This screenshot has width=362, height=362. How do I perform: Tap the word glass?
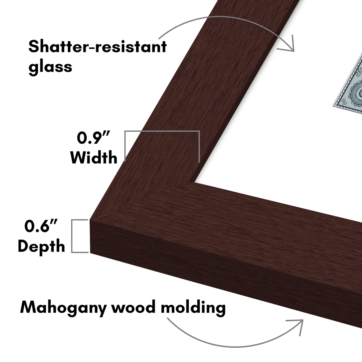[50, 67]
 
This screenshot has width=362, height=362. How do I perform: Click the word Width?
[94, 158]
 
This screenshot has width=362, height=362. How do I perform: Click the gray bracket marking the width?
[162, 131]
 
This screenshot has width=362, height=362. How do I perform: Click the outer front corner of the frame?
[90, 221]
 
